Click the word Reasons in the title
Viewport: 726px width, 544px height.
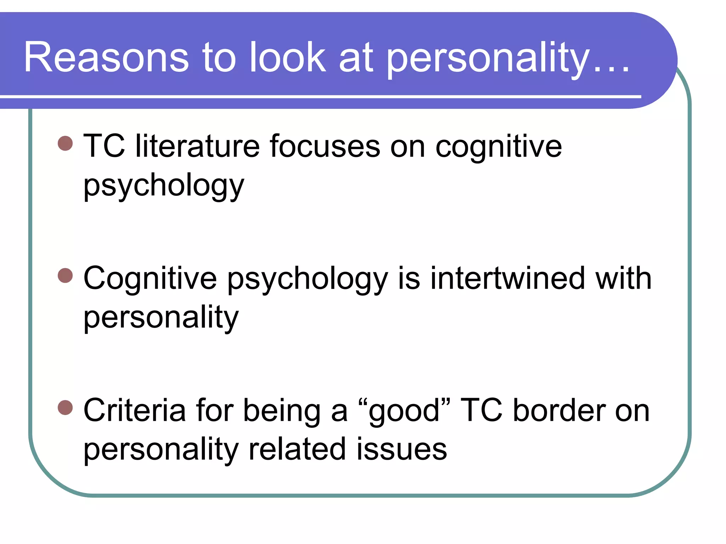coord(106,57)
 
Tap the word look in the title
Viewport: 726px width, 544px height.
coord(287,57)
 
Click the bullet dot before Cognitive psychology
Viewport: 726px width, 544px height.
coord(65,276)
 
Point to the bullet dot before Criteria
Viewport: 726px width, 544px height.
coord(65,407)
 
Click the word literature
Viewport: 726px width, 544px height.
coord(197,146)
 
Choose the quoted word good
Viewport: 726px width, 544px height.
coord(404,411)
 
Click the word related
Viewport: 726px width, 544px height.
coord(297,449)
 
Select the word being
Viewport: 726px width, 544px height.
coord(282,411)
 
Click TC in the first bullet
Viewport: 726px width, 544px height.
coord(104,146)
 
